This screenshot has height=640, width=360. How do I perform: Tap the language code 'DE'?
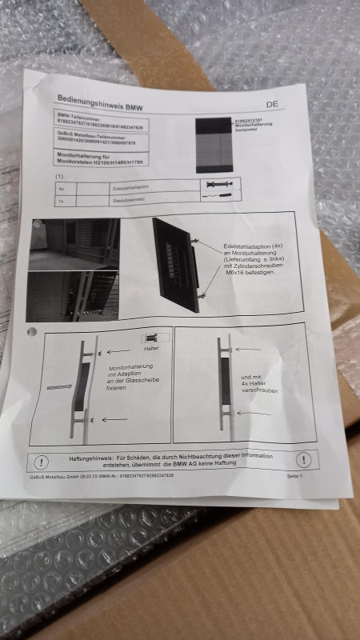[x=272, y=104]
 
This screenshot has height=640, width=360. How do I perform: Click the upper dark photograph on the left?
[x=74, y=245]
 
